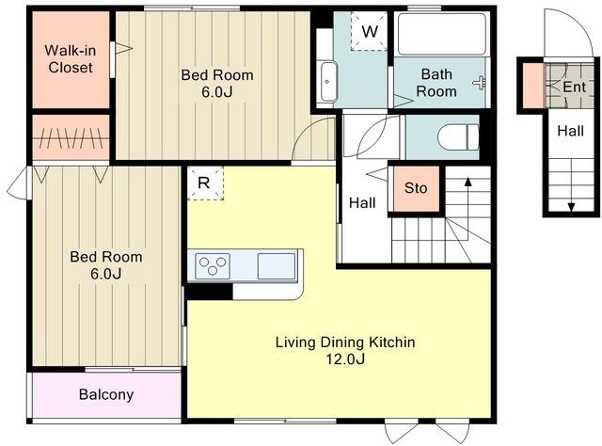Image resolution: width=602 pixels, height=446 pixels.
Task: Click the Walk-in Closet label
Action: point(71,58)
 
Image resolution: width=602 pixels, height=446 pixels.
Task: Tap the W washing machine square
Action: point(369,31)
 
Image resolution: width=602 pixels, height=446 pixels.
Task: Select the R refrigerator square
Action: point(205,183)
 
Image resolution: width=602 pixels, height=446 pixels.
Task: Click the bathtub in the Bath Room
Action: point(442,35)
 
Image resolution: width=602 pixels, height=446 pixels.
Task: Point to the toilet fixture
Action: point(458,137)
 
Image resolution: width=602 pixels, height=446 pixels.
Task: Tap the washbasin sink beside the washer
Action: point(328,82)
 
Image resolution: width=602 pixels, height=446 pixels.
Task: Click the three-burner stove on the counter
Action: point(213,266)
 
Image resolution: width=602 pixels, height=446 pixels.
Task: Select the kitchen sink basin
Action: point(276,266)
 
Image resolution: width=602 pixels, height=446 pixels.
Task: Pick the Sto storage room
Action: point(416,188)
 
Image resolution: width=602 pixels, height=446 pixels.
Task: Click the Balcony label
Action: point(106,394)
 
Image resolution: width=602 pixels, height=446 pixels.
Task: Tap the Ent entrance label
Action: point(575,88)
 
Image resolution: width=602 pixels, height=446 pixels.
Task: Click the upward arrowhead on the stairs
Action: point(467,182)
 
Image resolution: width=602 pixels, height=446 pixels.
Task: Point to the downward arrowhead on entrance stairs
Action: point(571,207)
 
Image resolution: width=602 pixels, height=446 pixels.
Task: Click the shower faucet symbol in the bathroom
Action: point(479,83)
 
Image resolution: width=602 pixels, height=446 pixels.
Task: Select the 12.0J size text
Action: point(345,359)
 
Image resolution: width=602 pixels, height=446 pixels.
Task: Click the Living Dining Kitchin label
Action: point(345,342)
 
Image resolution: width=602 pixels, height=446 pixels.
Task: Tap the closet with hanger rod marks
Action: point(71,137)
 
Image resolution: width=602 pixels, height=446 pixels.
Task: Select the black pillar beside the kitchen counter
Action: point(210,292)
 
